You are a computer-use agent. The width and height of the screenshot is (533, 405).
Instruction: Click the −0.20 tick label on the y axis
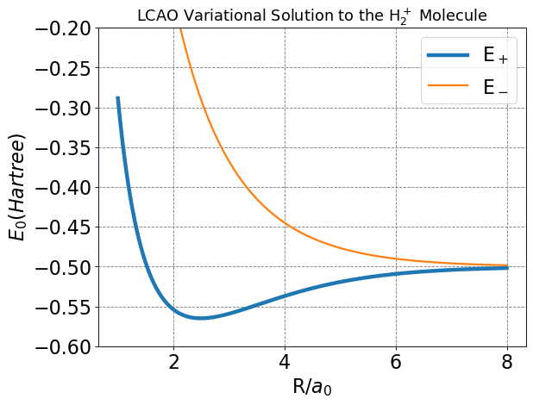click(60, 28)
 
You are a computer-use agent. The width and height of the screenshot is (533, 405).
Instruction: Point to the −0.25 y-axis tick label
click(60, 68)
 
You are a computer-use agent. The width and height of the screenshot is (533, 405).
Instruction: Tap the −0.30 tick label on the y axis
click(60, 108)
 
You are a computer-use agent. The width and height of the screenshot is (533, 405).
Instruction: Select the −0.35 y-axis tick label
click(60, 147)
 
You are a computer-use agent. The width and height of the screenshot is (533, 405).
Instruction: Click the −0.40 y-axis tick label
click(60, 187)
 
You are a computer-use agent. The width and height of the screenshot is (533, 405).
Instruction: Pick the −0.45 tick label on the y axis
click(60, 227)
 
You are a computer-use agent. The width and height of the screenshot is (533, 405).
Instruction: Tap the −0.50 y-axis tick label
click(60, 267)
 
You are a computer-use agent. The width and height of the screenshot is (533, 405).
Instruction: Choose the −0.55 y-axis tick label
click(60, 307)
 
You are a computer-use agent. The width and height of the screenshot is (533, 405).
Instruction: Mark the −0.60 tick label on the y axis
click(60, 346)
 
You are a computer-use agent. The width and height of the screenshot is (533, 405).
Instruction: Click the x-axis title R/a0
click(300, 386)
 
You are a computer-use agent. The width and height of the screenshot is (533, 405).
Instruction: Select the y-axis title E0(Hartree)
click(19, 187)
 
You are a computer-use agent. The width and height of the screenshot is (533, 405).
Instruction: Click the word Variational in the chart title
click(219, 15)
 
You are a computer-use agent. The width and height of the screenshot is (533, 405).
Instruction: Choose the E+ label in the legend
click(495, 57)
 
